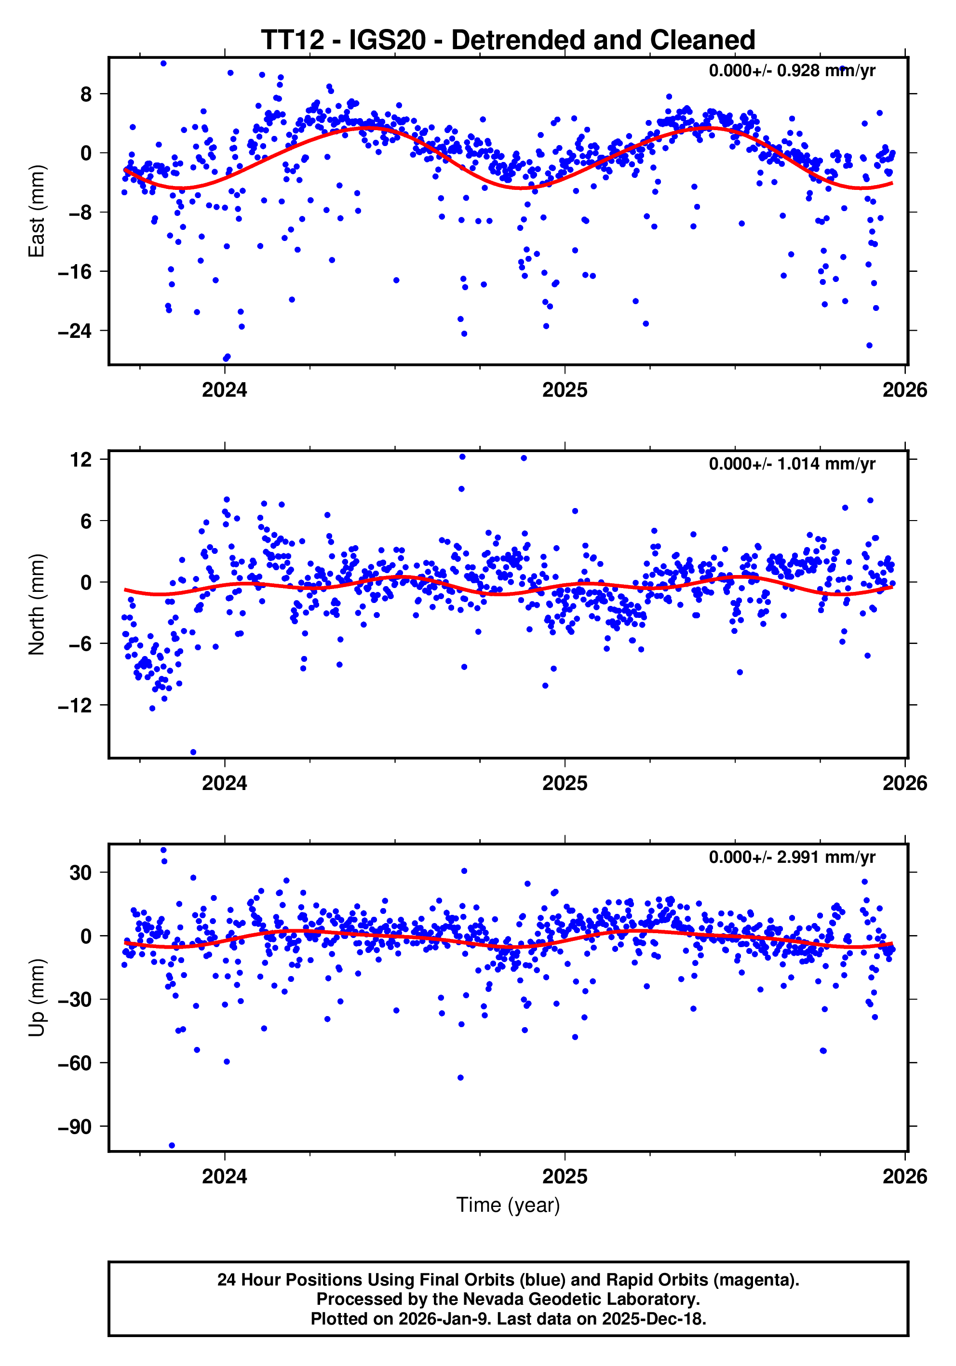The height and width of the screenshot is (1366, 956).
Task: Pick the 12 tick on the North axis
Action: coord(81,459)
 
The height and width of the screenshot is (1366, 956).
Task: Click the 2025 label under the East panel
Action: coord(565,390)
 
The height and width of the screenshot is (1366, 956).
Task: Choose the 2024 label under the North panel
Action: coord(224,784)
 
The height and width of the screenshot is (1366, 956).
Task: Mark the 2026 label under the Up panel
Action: coord(904,1177)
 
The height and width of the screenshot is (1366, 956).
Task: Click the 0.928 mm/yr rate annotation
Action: coord(791,71)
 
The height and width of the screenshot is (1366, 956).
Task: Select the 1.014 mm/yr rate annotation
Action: coord(791,464)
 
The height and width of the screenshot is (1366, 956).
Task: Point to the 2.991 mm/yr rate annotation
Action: coord(791,857)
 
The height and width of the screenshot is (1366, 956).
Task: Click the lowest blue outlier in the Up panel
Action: coord(172,1146)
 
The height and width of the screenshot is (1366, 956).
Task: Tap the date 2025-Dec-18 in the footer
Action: coord(653,1319)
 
